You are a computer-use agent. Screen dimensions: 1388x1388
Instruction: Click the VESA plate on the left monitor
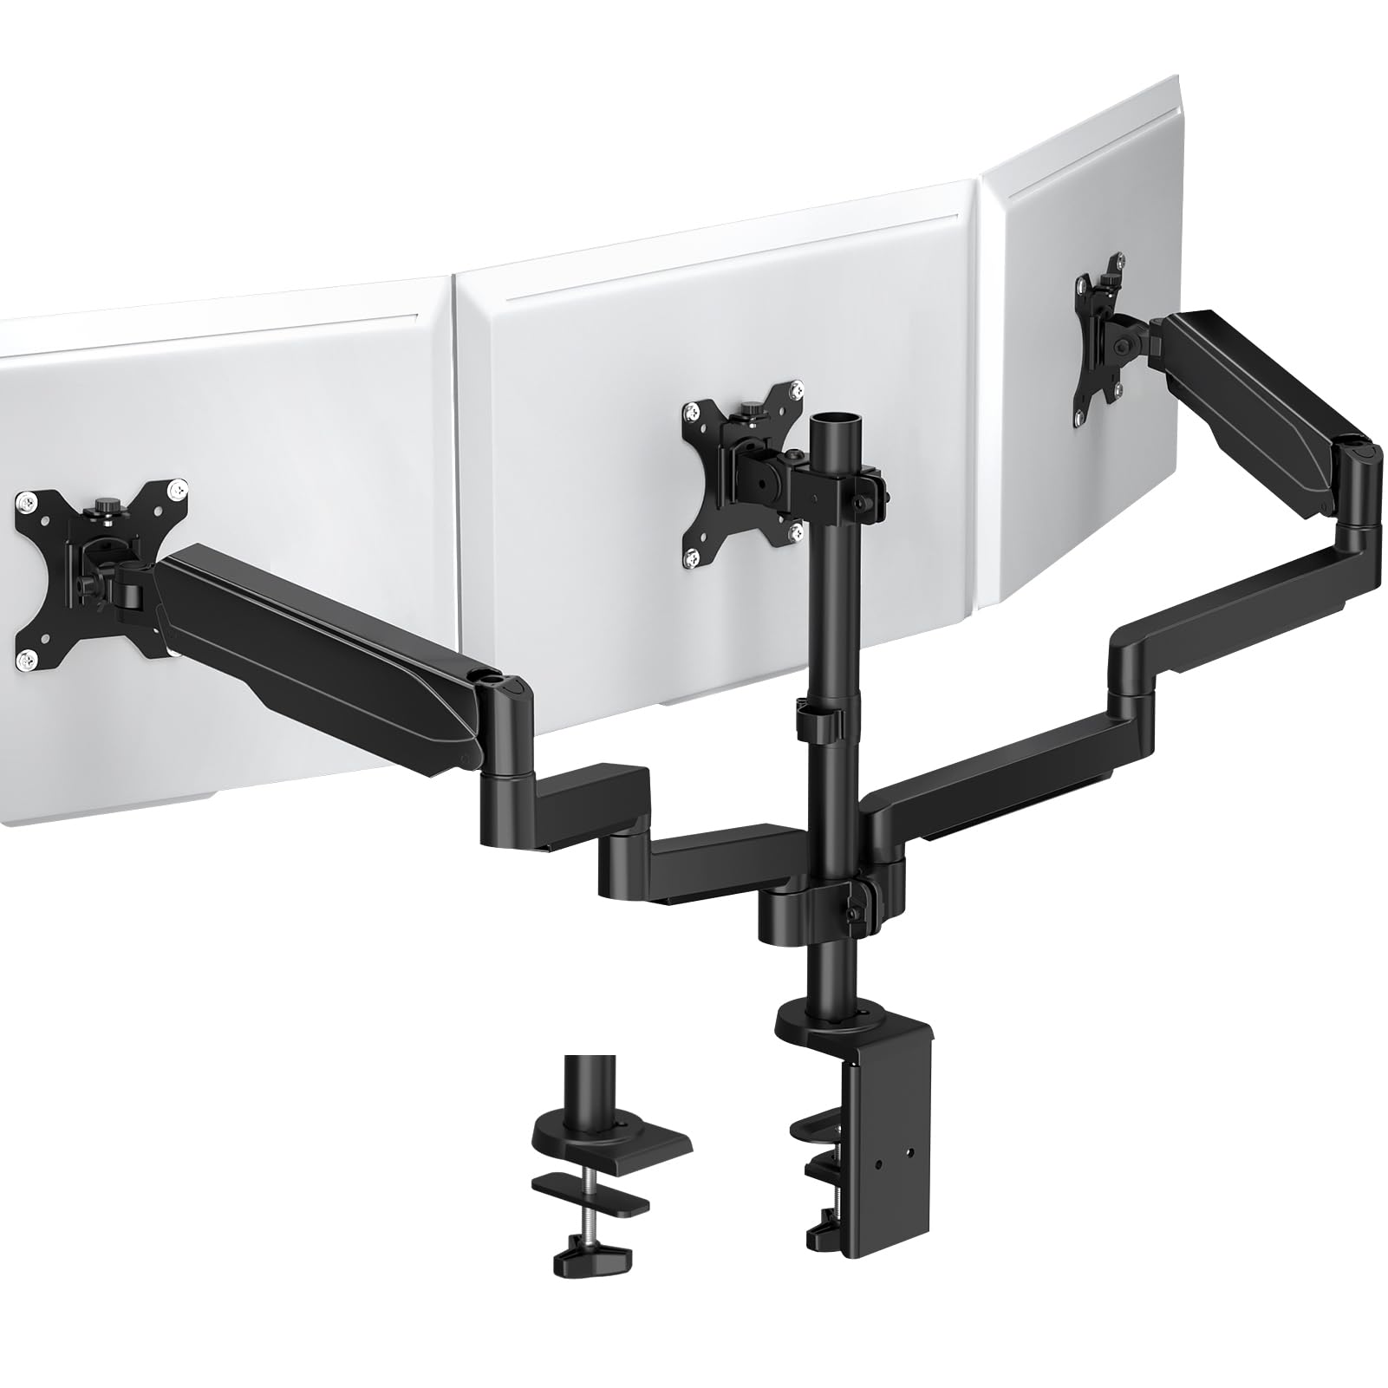point(100,572)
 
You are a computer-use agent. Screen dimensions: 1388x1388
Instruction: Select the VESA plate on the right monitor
point(1099,351)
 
